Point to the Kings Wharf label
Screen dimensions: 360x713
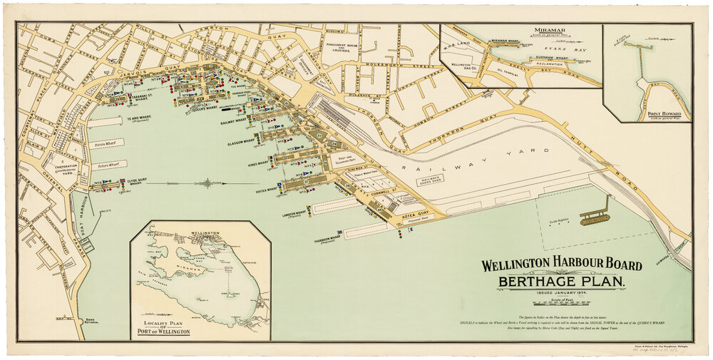[258, 165]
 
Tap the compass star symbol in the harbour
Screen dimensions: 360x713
[207, 182]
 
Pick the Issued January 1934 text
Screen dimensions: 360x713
[560, 294]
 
